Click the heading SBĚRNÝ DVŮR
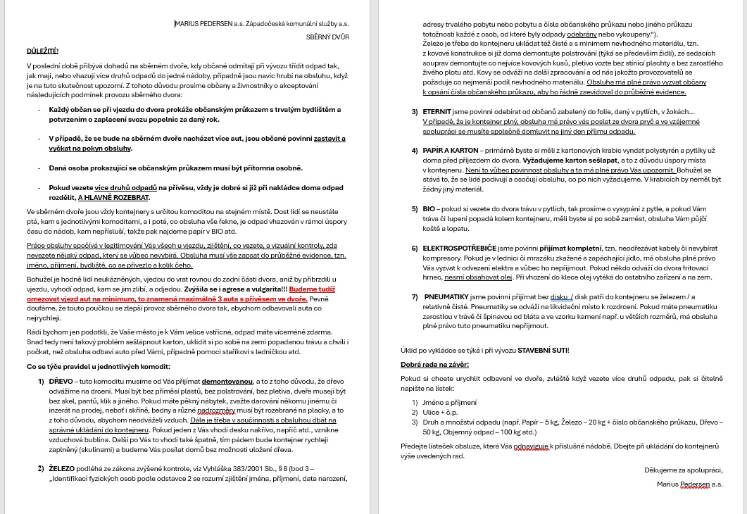pos(327,37)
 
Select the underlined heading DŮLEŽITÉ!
pos(42,51)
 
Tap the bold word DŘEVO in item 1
pos(61,381)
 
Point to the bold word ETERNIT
pos(437,112)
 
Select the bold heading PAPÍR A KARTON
pos(450,151)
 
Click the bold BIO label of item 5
pos(429,209)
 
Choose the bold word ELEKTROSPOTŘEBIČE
pos(459,249)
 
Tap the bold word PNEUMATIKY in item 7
pos(448,297)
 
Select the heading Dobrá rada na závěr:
pos(434,364)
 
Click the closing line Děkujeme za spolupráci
pos(683,470)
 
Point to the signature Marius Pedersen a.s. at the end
pos(689,484)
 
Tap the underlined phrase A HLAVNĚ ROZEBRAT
pos(114,198)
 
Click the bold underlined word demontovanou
pos(227,381)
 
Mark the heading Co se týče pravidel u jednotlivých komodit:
pos(98,366)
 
